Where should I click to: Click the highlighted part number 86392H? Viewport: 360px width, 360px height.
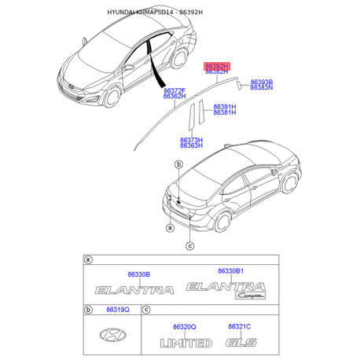pos(216,66)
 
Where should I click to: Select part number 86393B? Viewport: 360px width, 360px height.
pos(261,82)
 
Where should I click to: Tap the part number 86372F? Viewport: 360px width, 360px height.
pos(174,91)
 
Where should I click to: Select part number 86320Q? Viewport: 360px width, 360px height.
pos(185,326)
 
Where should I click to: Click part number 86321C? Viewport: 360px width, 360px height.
pos(239,326)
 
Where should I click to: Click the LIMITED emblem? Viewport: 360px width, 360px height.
pos(186,343)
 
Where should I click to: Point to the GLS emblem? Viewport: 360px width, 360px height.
pos(239,343)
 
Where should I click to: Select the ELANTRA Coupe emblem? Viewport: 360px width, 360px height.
pos(230,291)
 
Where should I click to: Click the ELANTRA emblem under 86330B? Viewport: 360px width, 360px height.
pos(134,290)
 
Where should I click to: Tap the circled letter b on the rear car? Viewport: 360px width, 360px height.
pos(179,165)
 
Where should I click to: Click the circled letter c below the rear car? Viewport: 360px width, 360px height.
pos(189,245)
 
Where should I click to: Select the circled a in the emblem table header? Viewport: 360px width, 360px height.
pos(88,259)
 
